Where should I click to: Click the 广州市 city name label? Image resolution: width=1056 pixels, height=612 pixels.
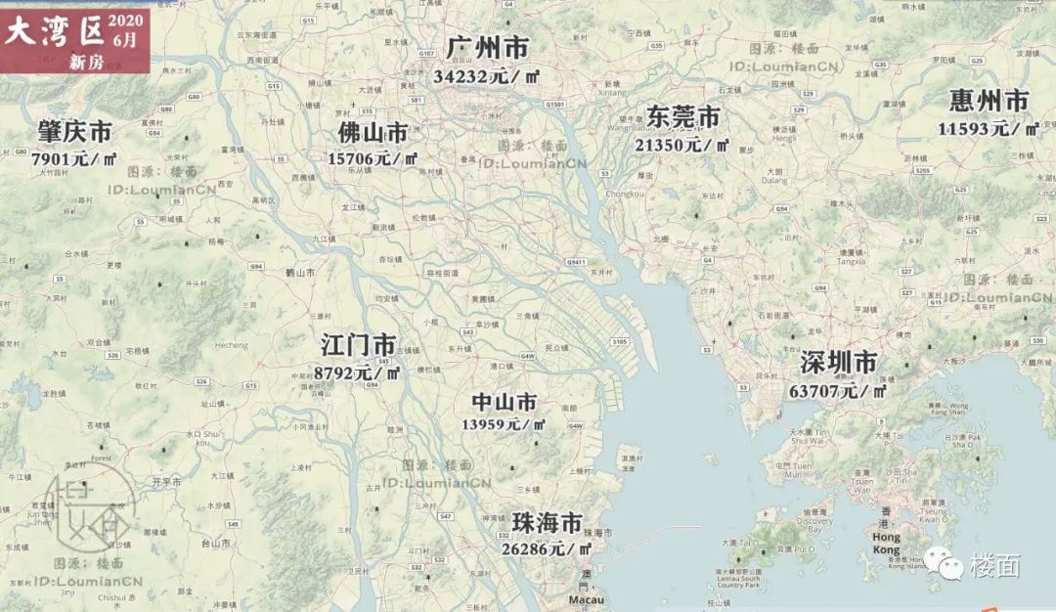tap(487, 48)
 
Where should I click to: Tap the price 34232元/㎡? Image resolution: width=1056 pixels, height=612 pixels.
tap(486, 75)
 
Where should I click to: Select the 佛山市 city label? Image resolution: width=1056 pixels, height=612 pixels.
tap(373, 132)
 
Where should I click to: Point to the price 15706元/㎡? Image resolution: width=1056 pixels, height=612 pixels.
tap(373, 157)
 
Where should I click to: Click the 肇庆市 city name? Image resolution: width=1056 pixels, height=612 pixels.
tap(75, 131)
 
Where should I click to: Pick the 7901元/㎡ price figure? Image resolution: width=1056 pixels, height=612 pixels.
tap(74, 157)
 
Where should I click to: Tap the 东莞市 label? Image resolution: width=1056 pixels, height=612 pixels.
tap(683, 117)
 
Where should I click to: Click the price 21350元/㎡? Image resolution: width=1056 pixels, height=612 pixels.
tap(682, 144)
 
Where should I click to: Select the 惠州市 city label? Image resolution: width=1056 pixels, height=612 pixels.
tap(990, 101)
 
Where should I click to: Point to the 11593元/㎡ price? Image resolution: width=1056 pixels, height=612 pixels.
tap(989, 128)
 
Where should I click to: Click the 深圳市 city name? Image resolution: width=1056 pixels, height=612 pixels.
tap(838, 364)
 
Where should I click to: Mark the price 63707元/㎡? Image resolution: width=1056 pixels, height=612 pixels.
tap(837, 391)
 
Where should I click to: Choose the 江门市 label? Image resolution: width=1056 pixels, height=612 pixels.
tap(359, 345)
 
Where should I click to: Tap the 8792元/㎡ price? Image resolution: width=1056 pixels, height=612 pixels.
tap(358, 372)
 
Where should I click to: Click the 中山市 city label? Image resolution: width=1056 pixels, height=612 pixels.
tap(505, 402)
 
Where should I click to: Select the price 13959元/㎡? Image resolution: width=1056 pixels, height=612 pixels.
tap(505, 424)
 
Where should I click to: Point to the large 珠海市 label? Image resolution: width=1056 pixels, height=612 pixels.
tap(548, 522)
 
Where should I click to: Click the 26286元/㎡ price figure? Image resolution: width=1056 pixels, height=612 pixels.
tap(547, 548)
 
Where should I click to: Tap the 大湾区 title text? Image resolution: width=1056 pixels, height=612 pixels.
tap(55, 32)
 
